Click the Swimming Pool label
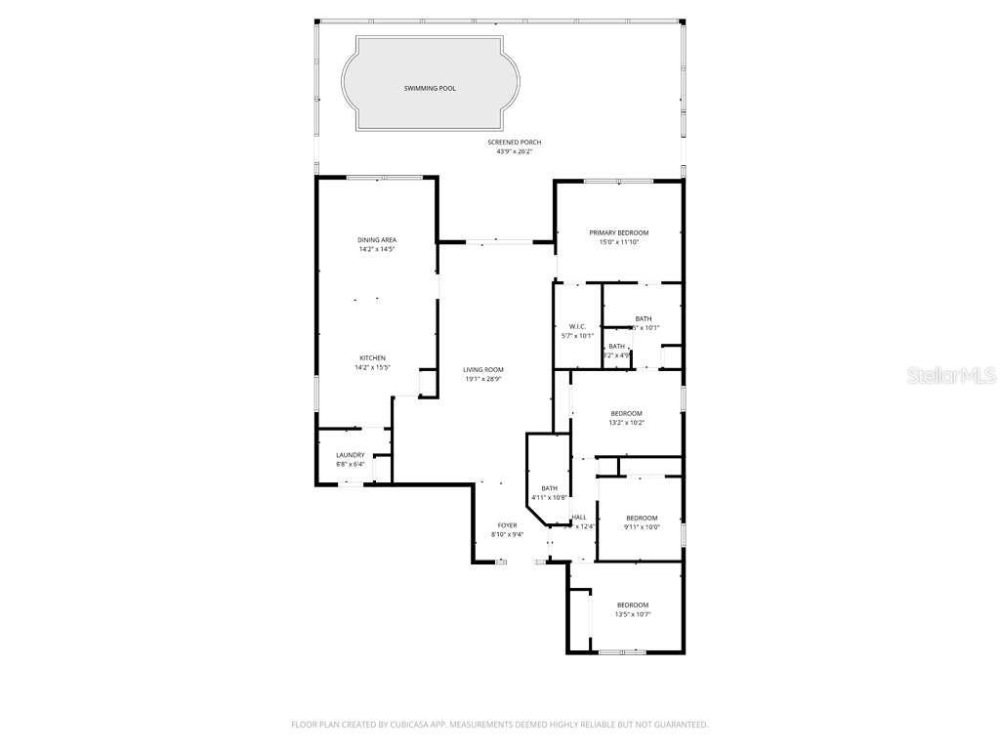click(x=430, y=88)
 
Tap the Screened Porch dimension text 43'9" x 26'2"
click(x=514, y=151)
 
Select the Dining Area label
click(x=377, y=239)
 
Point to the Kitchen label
click(x=371, y=358)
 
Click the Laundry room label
click(x=351, y=455)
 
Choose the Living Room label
click(x=483, y=369)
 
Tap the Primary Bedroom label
click(x=618, y=232)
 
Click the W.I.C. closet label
click(x=576, y=326)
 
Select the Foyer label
click(x=507, y=525)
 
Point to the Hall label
click(x=579, y=518)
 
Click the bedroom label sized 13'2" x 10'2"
click(x=626, y=413)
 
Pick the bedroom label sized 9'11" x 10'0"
click(x=642, y=518)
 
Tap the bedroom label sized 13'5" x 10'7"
click(x=632, y=605)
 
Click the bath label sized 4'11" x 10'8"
click(x=549, y=488)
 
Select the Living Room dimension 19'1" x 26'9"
click(x=483, y=379)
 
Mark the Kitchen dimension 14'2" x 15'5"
click(x=371, y=368)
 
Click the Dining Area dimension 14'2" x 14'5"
click(x=377, y=249)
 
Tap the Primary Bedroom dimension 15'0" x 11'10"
click(x=618, y=242)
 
